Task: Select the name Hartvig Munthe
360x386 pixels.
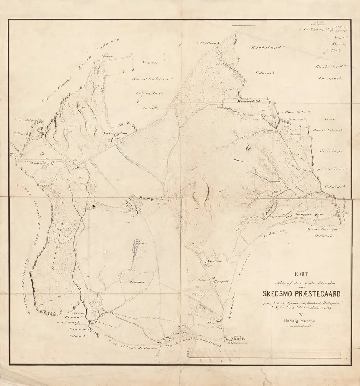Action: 299,320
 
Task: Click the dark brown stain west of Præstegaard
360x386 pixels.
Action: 93,207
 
